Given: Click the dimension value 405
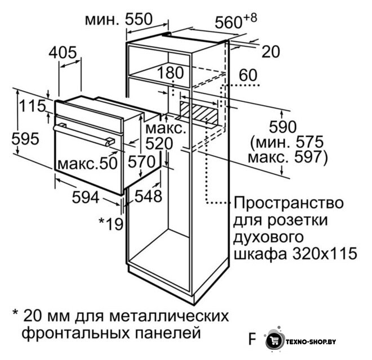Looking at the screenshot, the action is [x=63, y=52].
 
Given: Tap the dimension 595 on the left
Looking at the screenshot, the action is [x=25, y=139].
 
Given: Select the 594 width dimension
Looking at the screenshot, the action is [x=86, y=197].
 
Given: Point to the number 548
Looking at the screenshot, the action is [x=149, y=196].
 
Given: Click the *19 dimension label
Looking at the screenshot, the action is [x=111, y=224].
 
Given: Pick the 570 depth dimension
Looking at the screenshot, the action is [x=142, y=161].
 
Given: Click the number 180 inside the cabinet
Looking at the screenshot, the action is [x=171, y=73].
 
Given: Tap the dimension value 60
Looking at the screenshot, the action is [x=248, y=75].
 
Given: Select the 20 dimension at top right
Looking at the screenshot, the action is [x=271, y=52].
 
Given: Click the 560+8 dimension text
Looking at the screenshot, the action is [x=236, y=21].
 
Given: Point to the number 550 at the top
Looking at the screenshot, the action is [x=138, y=19].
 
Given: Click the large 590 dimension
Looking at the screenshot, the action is [x=283, y=127].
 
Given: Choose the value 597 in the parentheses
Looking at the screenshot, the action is [x=308, y=157].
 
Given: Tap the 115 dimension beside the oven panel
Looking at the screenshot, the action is [x=32, y=106].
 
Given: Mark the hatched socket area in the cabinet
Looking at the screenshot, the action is [x=199, y=112].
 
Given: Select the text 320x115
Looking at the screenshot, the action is [x=325, y=254].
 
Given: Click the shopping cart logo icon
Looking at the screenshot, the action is [x=275, y=341].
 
